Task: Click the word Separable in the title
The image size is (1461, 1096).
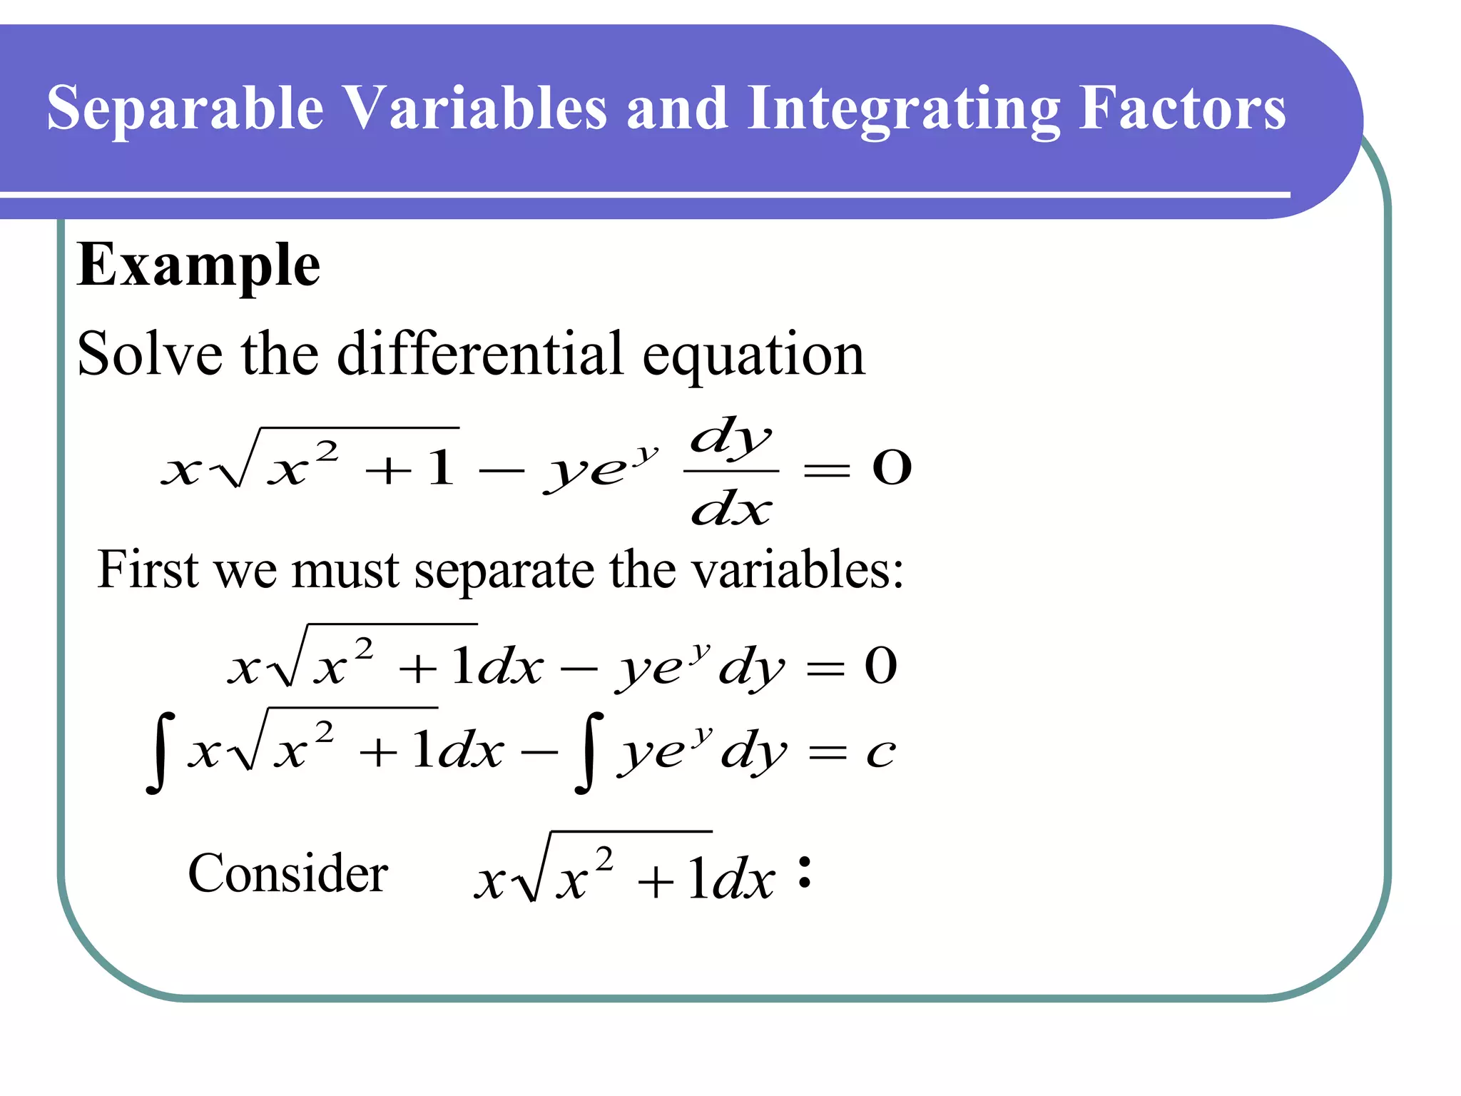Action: tap(185, 108)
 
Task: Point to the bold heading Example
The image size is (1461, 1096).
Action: tap(198, 265)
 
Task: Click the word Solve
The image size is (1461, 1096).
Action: tap(150, 354)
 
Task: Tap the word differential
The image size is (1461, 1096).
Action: tap(480, 354)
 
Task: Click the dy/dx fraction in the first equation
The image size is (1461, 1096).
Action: tap(731, 471)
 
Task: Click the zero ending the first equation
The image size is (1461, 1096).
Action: tap(892, 468)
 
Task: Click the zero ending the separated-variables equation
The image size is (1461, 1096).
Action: tap(881, 666)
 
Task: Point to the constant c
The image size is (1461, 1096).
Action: tap(881, 753)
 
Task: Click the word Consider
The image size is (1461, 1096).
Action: tap(287, 873)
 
